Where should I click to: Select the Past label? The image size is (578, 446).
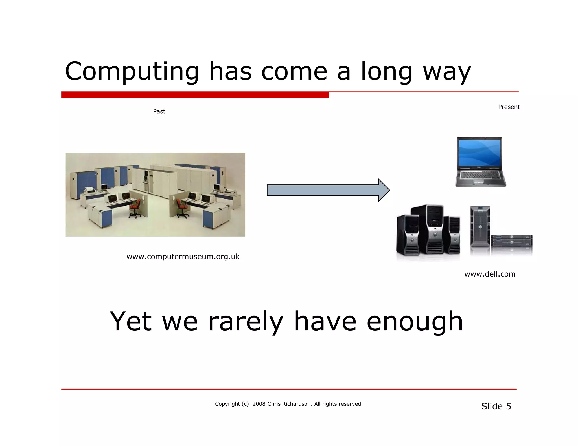tap(159, 111)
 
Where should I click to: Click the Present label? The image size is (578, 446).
tap(509, 107)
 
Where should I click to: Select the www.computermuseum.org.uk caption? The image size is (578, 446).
tap(183, 257)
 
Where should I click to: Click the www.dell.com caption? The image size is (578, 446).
tap(490, 274)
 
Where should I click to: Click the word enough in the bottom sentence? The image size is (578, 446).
tap(415, 322)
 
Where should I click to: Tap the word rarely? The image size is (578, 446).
tap(245, 322)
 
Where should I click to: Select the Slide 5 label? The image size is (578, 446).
tap(496, 406)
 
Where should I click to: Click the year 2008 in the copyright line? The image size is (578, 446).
tap(259, 404)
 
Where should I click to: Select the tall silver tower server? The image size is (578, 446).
tap(480, 227)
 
